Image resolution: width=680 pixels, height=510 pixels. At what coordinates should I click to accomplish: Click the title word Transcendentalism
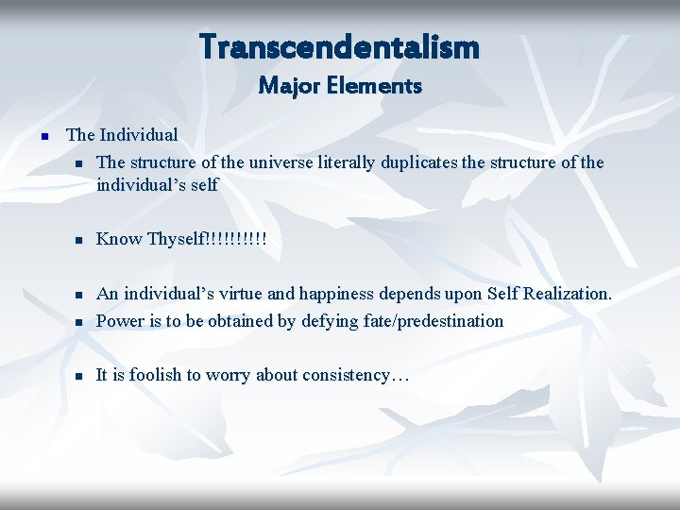pyautogui.click(x=339, y=46)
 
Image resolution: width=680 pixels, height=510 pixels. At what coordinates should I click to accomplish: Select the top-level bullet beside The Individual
pyautogui.click(x=43, y=137)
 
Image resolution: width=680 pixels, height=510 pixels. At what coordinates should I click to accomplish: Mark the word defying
pyautogui.click(x=330, y=321)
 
